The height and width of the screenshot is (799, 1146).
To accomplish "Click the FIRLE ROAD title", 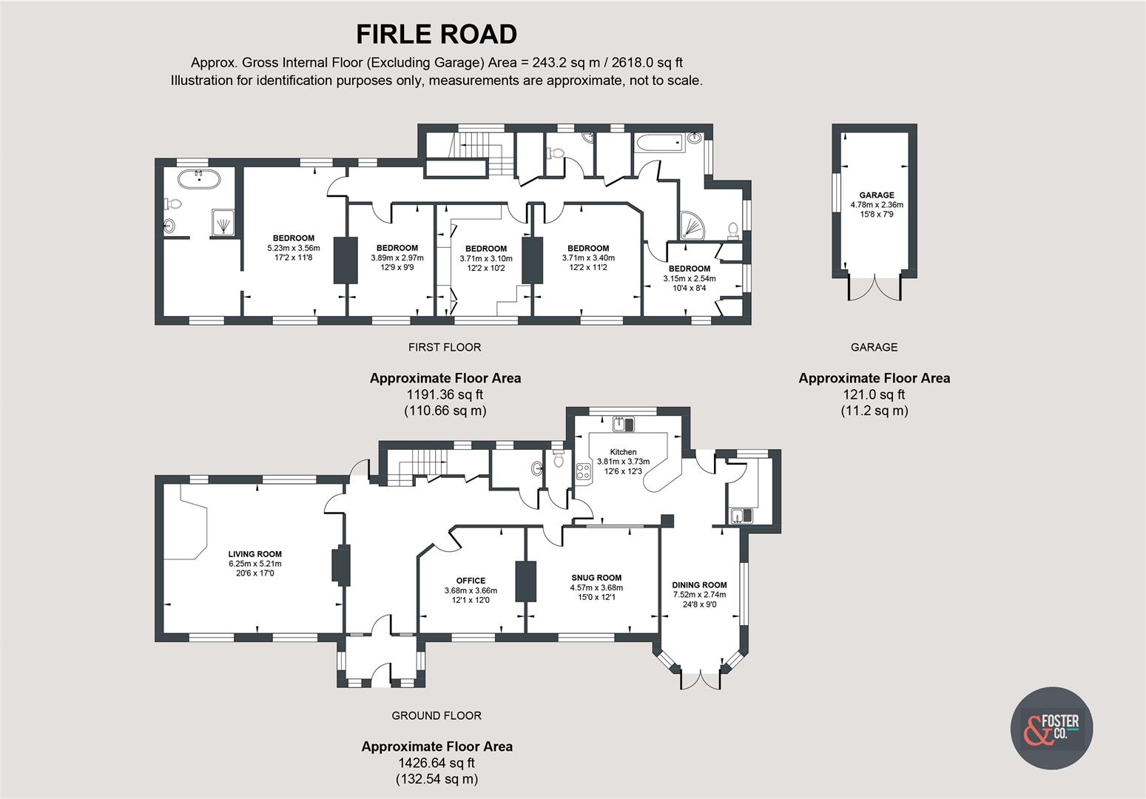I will tap(436, 34).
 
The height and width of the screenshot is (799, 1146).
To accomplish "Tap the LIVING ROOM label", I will tap(255, 554).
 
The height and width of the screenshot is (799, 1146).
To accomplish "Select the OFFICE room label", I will tap(471, 581).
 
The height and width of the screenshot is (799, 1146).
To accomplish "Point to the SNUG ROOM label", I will tap(596, 578).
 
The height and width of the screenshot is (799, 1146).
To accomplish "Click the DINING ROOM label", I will tap(699, 584).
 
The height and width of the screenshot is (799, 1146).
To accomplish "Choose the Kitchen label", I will tap(623, 452).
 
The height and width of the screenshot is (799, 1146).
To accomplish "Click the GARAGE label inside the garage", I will tap(876, 195).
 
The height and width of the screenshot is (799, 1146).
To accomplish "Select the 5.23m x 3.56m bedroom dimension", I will tap(293, 249).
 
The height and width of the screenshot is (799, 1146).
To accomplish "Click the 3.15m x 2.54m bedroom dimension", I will tap(689, 279).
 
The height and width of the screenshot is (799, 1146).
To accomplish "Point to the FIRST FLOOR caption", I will tap(444, 347).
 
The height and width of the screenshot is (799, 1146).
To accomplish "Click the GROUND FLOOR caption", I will tap(436, 715).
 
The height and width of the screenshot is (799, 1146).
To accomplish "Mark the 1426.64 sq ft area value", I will tap(436, 763).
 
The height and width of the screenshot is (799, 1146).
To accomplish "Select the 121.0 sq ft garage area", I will tap(874, 394).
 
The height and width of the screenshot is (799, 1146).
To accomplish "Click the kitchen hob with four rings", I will tap(582, 471).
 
